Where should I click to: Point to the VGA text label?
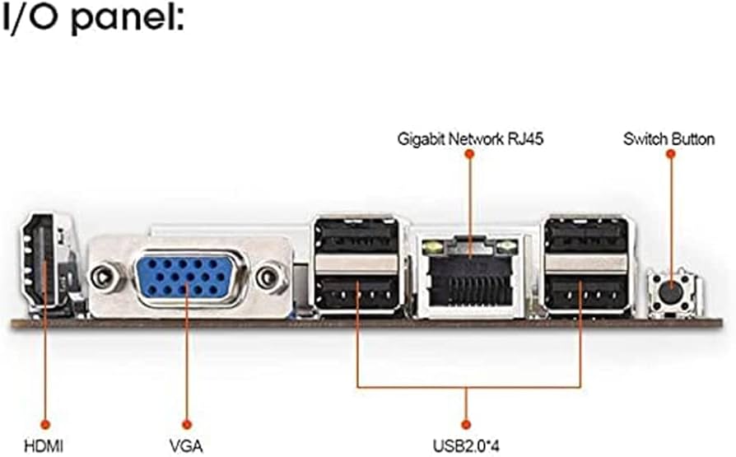click(x=186, y=445)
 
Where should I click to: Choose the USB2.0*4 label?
click(x=467, y=446)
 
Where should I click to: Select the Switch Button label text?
click(x=668, y=139)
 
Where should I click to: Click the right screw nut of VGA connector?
click(x=268, y=278)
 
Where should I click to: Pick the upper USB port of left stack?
click(x=356, y=237)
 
